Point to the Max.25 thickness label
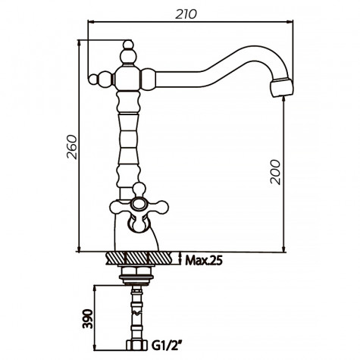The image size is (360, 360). (203, 261)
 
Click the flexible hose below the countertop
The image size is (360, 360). (136, 311)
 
